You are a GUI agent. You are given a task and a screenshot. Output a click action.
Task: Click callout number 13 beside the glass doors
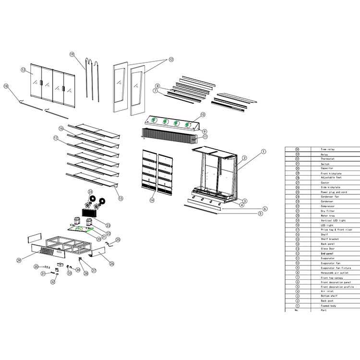tap(23, 70)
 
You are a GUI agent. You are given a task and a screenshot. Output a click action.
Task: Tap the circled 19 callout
tap(72, 54)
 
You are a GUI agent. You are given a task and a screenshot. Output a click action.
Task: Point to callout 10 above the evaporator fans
tap(203, 115)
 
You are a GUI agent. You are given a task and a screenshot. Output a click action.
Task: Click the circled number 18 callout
tap(6, 86)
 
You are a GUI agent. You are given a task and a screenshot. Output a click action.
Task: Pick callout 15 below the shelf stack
tap(120, 198)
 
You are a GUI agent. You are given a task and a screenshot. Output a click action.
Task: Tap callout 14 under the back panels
tap(152, 200)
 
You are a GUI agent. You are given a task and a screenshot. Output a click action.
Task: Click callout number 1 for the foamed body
tap(263, 151)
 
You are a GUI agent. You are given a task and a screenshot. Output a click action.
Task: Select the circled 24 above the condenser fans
tap(90, 192)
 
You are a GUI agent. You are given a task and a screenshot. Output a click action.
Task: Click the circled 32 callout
tap(53, 282)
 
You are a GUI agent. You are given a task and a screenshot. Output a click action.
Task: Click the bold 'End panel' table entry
tap(327, 253)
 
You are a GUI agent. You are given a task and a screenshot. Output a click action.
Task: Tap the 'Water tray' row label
tap(327, 216)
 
